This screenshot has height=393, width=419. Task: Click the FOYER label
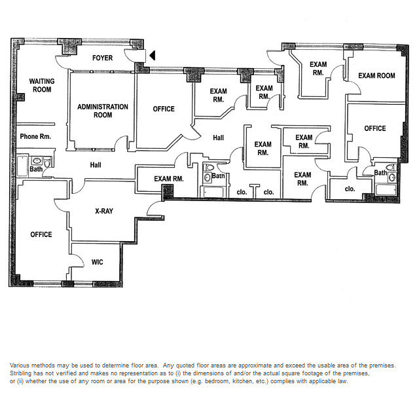(101, 58)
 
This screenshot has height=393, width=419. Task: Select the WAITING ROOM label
(41, 85)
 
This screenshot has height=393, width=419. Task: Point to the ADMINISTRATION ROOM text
(103, 111)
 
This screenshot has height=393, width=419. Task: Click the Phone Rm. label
(31, 137)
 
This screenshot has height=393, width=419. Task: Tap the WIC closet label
(97, 262)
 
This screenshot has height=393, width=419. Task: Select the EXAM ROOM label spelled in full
(376, 76)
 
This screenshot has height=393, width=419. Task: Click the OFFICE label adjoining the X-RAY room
(41, 234)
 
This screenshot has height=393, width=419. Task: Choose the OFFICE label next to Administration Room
(163, 109)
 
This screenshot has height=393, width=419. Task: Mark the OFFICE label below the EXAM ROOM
(375, 128)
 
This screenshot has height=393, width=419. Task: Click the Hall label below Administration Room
(96, 166)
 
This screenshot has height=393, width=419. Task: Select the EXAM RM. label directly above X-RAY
(168, 178)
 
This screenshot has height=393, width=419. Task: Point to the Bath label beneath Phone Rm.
(35, 169)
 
